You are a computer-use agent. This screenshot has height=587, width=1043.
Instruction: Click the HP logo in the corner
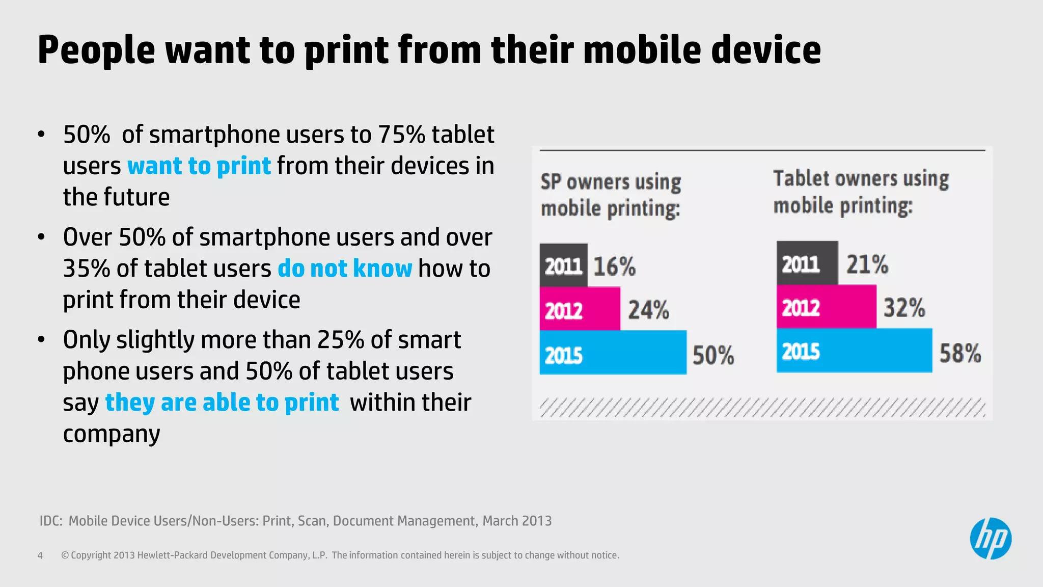[990, 539]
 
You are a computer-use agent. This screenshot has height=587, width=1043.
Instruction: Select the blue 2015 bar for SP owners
[613, 353]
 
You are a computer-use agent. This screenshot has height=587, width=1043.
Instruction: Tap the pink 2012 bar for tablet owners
[826, 307]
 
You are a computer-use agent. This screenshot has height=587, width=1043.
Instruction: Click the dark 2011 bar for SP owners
[563, 265]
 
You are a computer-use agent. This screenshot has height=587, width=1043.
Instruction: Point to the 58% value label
[960, 353]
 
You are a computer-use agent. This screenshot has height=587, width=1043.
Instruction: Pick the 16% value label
[614, 266]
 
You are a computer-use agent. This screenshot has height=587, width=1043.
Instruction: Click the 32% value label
[904, 308]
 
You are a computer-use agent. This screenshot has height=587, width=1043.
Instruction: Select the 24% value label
[648, 310]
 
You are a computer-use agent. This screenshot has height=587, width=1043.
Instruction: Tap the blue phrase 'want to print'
[199, 166]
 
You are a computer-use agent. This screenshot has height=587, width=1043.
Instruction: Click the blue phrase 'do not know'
[345, 269]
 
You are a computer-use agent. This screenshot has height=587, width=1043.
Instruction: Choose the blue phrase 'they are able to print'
[222, 403]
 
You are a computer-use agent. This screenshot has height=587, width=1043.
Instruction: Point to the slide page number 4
[40, 555]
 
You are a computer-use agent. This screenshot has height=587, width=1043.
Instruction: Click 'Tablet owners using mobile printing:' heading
[861, 192]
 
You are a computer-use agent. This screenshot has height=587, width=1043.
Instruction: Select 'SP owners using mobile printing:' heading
[611, 195]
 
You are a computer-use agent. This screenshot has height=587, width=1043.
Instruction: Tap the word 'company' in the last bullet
[112, 434]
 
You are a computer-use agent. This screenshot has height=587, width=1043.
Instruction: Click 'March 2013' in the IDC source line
[517, 521]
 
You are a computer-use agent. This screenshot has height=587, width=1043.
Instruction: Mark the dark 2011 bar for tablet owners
[807, 263]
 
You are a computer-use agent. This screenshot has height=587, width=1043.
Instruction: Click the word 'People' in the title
[96, 50]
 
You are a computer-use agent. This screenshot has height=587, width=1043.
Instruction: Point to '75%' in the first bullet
[401, 135]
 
